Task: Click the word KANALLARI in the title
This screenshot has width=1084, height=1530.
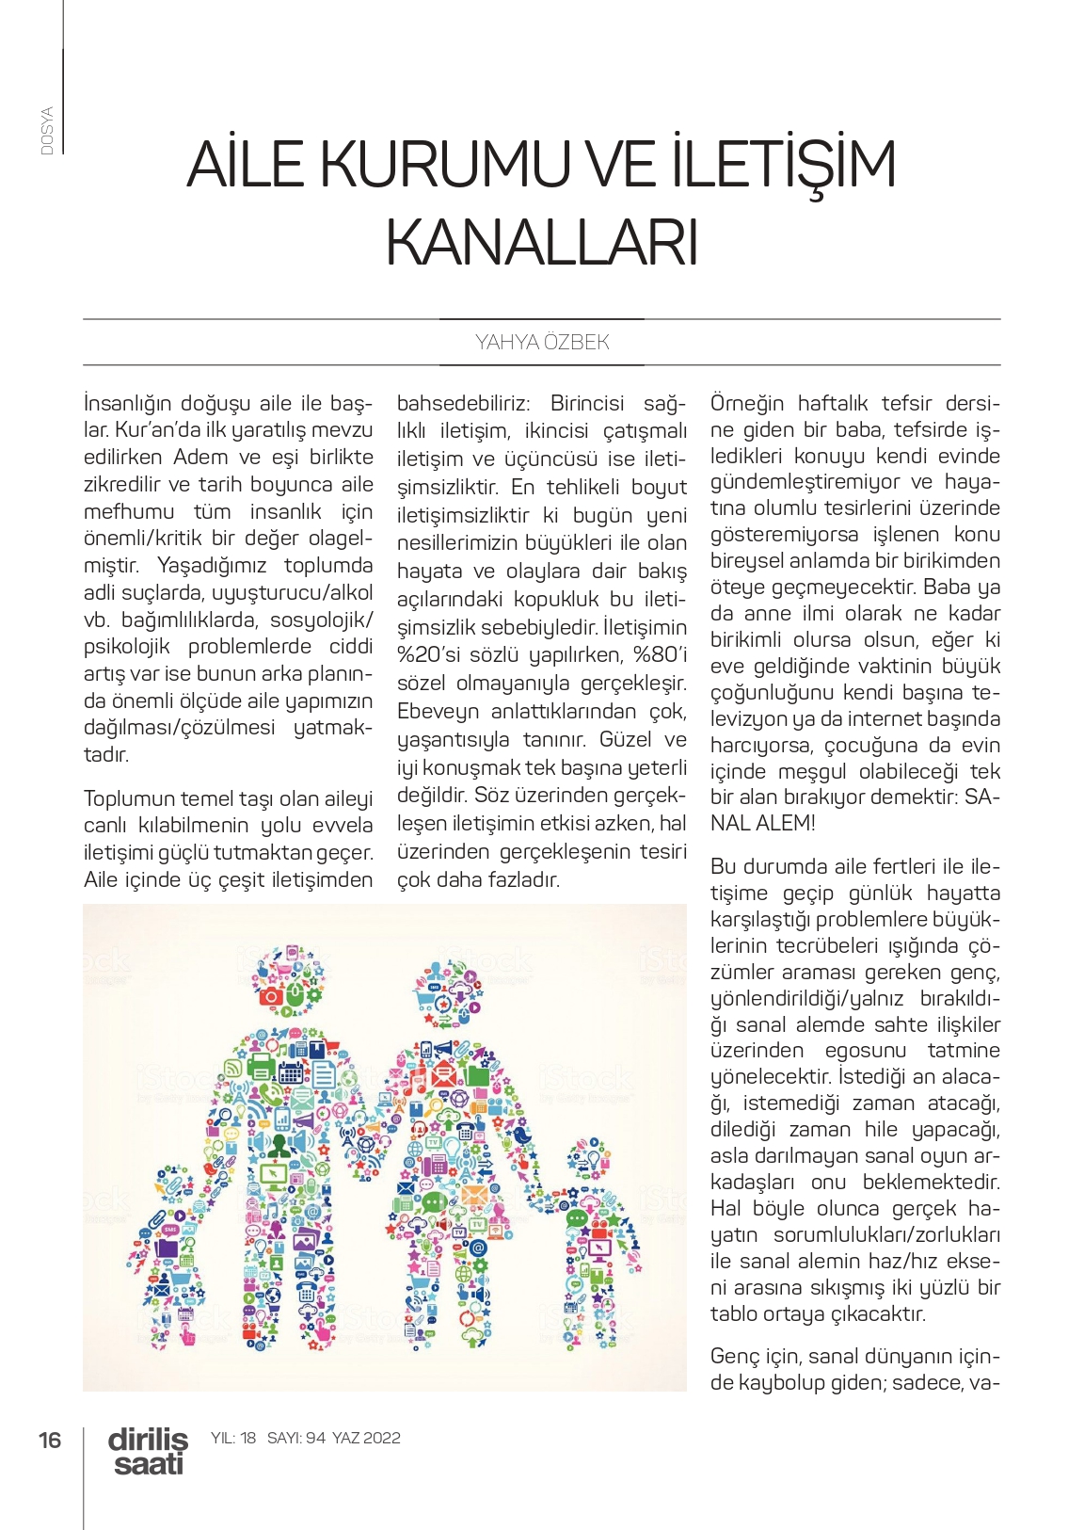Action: tap(541, 243)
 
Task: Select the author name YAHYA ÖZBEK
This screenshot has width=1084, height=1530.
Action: tap(542, 342)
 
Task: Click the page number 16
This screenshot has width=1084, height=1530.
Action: tap(50, 1439)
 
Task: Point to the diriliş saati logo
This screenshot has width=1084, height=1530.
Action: tap(148, 1451)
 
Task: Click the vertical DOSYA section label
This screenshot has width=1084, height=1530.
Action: tap(47, 130)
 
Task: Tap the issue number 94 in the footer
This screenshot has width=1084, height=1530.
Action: tap(315, 1438)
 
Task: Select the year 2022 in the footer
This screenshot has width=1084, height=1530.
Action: tap(382, 1438)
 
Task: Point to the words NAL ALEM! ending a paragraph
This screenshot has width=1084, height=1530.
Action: tap(763, 823)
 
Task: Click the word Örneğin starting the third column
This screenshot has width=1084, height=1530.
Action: tap(747, 403)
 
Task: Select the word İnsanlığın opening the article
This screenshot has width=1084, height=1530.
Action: tap(129, 403)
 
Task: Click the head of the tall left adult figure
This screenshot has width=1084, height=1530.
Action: tap(288, 980)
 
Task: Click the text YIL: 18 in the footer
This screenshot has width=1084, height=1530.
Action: tap(232, 1438)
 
